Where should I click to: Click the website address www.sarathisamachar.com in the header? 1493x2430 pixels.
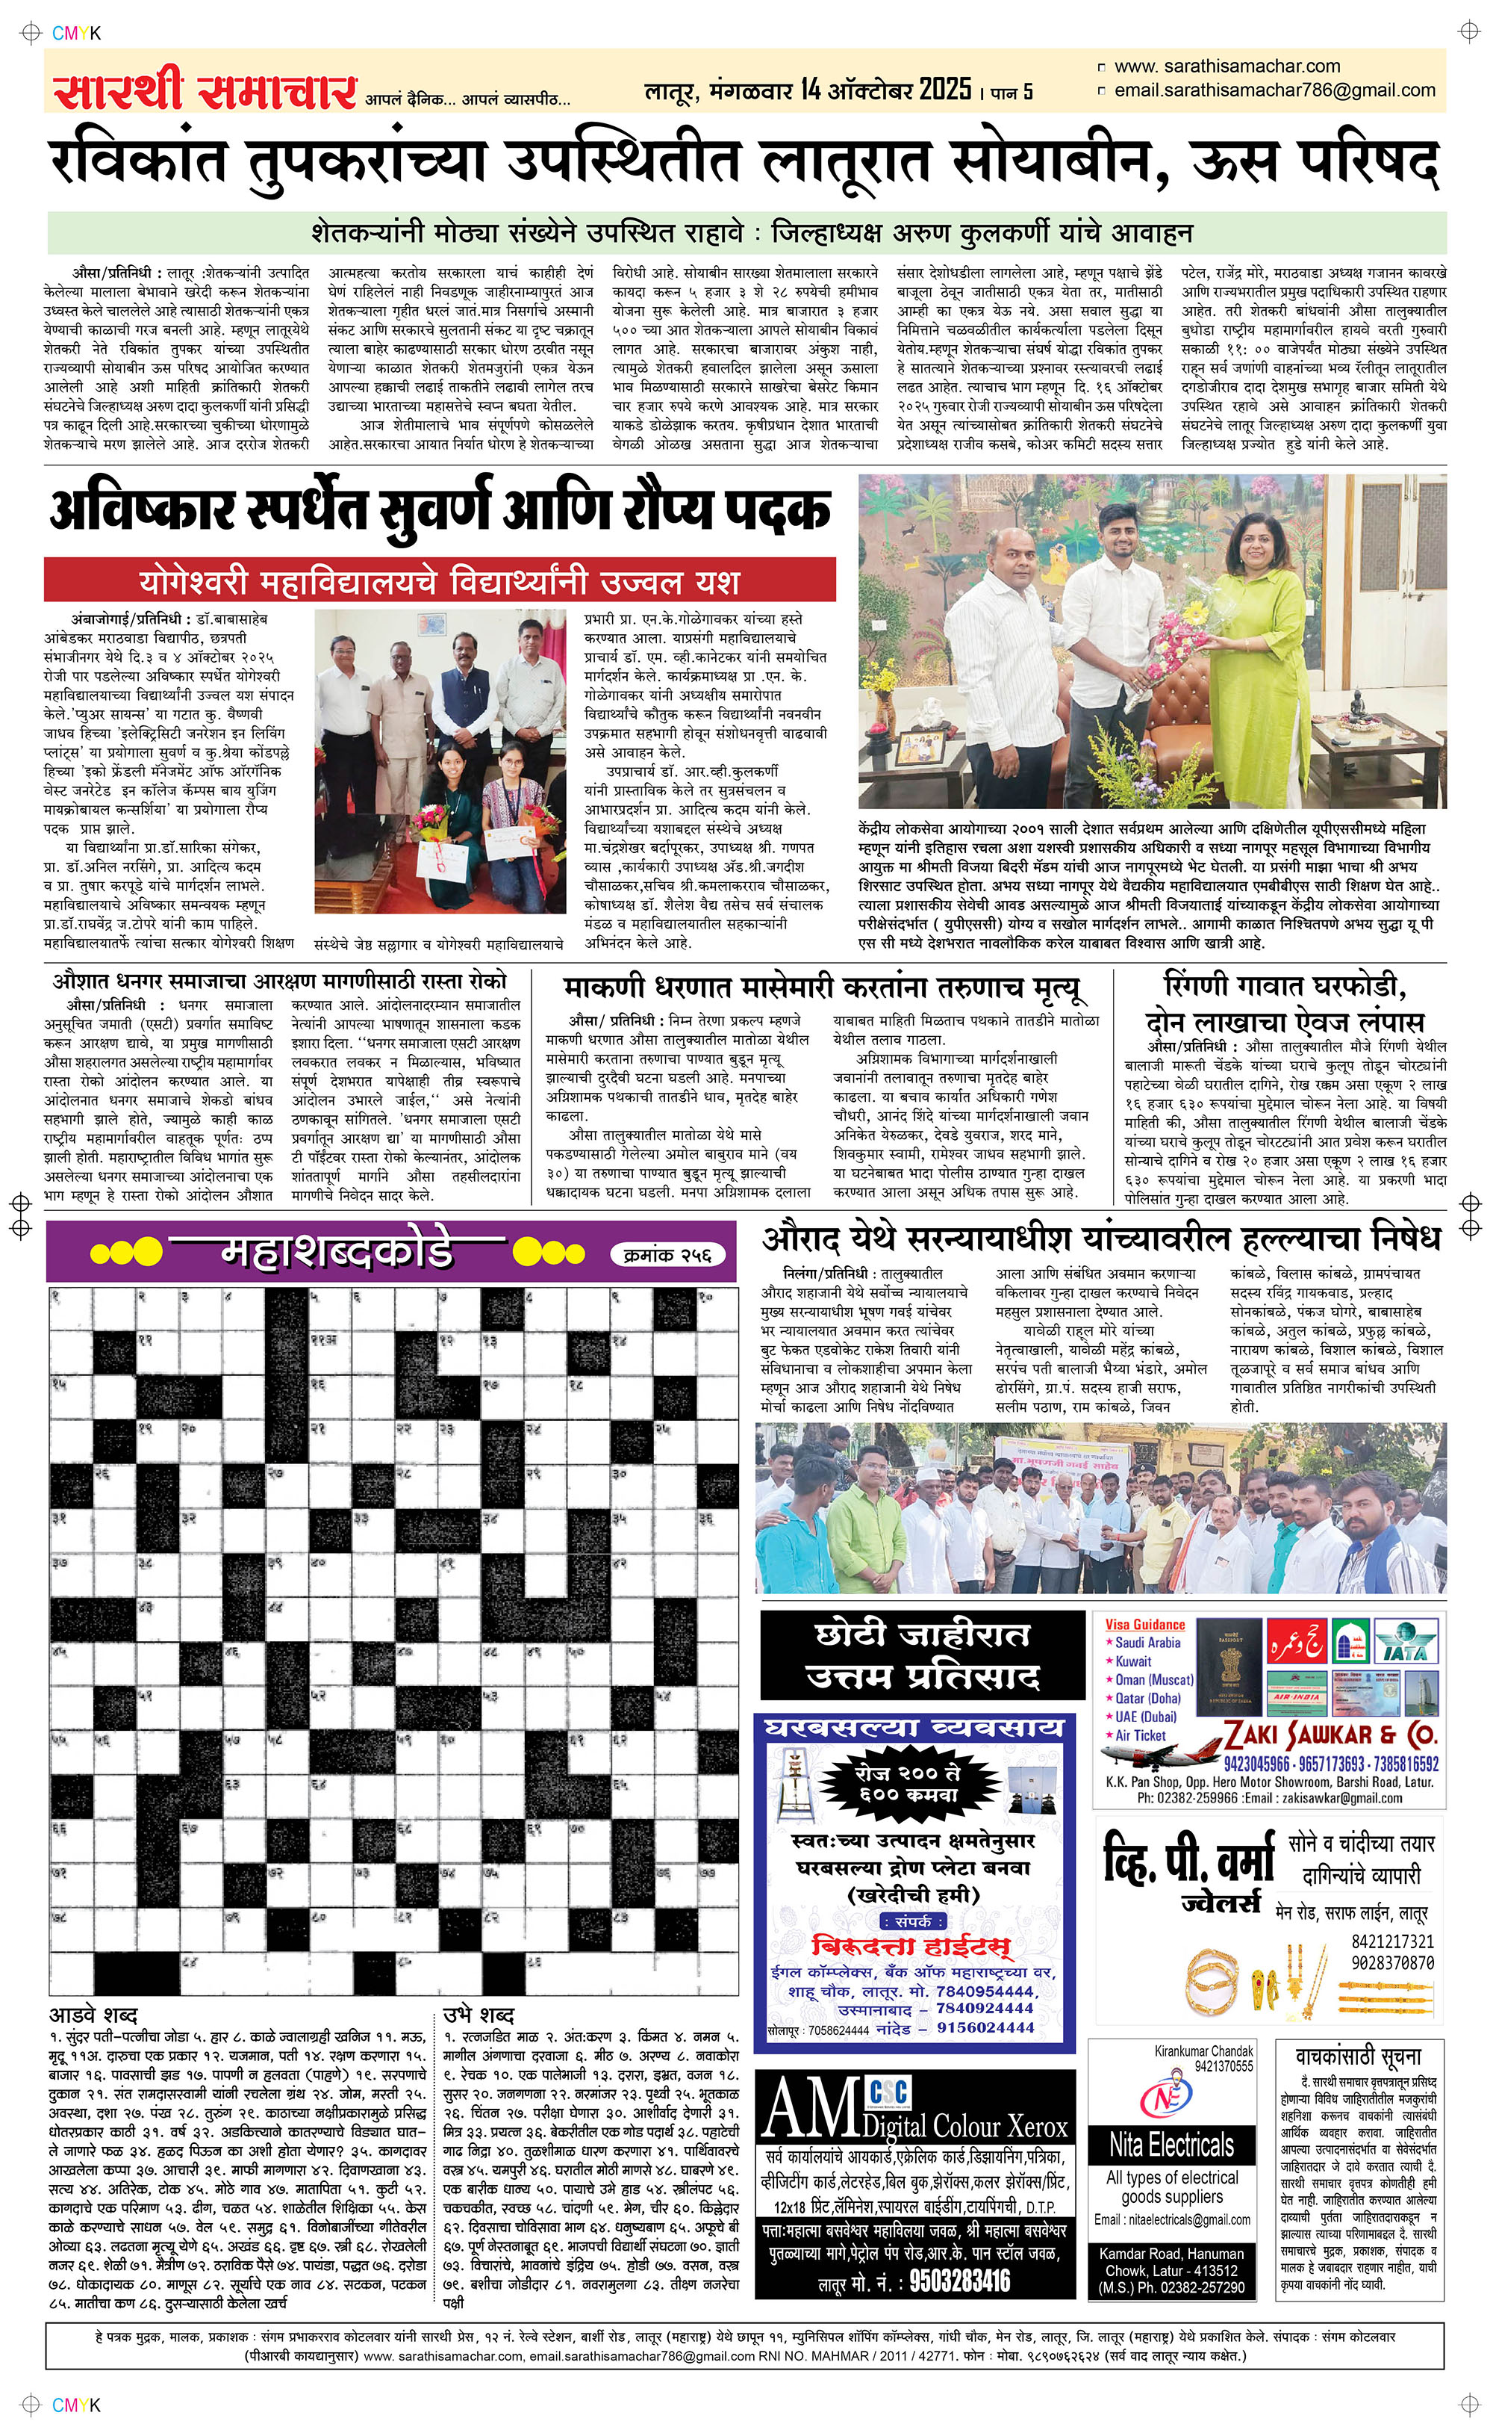(1226, 66)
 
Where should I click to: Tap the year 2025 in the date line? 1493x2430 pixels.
(945, 90)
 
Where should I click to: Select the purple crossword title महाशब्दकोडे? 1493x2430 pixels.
(336, 1253)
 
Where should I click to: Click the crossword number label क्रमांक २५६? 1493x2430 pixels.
(667, 1254)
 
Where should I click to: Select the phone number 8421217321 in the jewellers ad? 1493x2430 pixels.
(1391, 1941)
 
